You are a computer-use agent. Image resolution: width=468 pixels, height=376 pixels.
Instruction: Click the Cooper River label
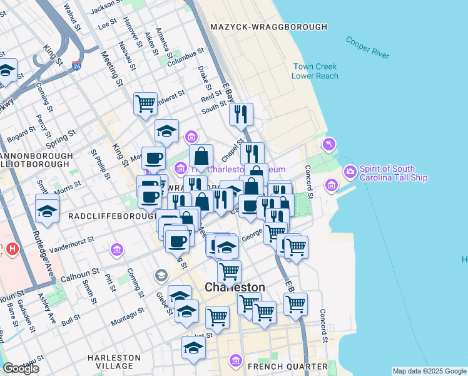tap(368, 48)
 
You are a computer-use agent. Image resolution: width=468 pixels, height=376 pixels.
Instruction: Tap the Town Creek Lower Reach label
tap(315, 71)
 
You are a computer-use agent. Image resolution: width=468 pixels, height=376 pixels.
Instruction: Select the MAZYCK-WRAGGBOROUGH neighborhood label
tap(268, 27)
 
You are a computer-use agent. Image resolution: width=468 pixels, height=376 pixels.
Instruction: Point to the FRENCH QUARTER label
tap(287, 366)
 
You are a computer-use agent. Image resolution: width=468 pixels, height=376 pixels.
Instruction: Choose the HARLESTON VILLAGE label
tap(118, 362)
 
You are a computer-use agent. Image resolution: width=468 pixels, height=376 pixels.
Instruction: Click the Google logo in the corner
tap(20, 368)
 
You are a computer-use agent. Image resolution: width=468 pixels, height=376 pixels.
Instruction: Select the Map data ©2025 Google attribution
tap(429, 371)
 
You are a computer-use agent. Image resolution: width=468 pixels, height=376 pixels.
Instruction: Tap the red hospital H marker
tap(11, 250)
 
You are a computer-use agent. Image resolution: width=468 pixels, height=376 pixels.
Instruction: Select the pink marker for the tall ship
tap(349, 170)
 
